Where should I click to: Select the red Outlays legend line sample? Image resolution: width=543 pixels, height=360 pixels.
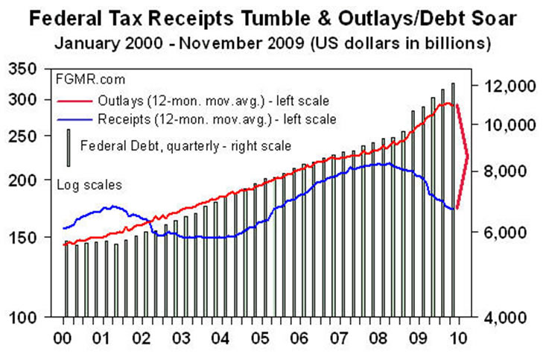(75, 99)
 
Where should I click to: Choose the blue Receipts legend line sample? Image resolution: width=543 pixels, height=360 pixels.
(75, 119)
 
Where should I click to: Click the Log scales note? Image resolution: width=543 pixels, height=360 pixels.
(89, 183)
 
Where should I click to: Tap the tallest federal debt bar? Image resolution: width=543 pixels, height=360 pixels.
(453, 198)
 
